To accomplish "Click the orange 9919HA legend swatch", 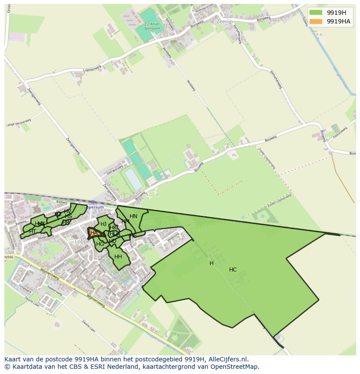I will [x=316, y=21].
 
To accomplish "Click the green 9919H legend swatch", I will [x=316, y=13].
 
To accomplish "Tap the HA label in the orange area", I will [x=94, y=233].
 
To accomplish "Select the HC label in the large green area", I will [x=233, y=270].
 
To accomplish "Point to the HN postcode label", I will [x=133, y=216].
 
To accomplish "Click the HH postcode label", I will [x=118, y=257].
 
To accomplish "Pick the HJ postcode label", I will [x=103, y=224].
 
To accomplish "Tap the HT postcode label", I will [x=33, y=232].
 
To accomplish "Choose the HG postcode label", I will [x=100, y=244].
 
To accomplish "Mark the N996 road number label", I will [x=9, y=257].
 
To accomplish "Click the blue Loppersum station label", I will [x=97, y=207].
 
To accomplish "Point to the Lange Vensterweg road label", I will [x=18, y=122].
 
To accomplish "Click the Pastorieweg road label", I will [x=341, y=133].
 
